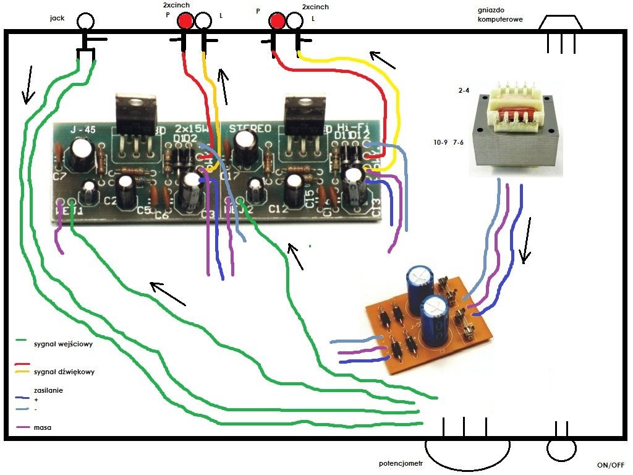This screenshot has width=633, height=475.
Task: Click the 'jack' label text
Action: pyautogui.click(x=57, y=18)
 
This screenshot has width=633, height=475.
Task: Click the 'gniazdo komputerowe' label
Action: pyautogui.click(x=500, y=14)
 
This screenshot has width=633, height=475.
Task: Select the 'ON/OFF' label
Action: pyautogui.click(x=611, y=464)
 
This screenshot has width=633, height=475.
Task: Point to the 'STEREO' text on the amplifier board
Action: pyautogui.click(x=250, y=129)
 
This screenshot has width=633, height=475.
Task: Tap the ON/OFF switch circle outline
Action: pyautogui.click(x=561, y=449)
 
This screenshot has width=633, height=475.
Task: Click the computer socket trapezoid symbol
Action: pyautogui.click(x=561, y=22)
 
